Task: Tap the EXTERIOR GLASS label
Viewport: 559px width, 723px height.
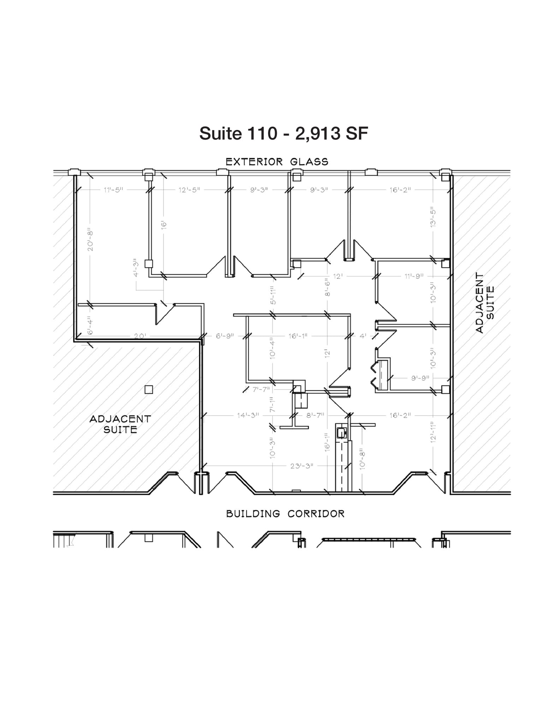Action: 277,162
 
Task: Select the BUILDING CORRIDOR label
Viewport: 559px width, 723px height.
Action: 285,514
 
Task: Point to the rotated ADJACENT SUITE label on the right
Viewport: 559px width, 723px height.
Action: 484,303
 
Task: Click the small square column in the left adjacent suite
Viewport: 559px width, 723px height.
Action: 149,389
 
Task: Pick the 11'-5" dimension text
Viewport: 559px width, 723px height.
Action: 113,190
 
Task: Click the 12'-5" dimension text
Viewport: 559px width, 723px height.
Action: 189,190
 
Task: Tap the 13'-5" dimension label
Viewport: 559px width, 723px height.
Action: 433,217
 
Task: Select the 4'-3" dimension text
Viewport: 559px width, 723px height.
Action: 136,268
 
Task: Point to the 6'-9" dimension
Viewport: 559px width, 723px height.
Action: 225,336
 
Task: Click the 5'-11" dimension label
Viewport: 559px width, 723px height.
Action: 273,295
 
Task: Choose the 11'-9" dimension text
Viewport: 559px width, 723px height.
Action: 414,276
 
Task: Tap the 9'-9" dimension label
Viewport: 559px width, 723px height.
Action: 420,378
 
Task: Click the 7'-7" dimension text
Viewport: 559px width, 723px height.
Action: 261,389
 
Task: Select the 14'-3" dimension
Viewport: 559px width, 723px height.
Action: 248,415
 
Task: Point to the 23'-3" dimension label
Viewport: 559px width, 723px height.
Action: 302,466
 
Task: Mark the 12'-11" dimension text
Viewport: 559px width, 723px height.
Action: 433,431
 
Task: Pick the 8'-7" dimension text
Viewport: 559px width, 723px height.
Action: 315,415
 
